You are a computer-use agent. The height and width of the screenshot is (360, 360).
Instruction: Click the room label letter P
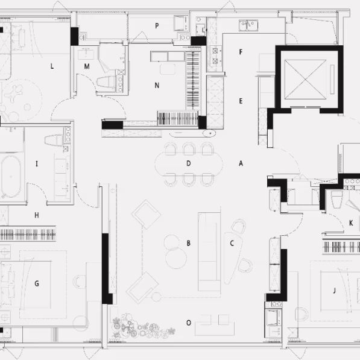[x=157, y=26]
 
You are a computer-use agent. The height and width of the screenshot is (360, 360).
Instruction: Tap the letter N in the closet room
[x=157, y=86]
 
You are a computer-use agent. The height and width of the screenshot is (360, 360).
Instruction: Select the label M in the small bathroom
[x=87, y=66]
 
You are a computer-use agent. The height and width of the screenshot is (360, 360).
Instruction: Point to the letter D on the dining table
[x=189, y=163]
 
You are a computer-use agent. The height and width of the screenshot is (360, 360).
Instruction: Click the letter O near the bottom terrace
[x=189, y=323]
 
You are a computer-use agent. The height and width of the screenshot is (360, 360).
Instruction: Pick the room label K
[x=351, y=223]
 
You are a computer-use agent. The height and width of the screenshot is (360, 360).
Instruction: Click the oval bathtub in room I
[x=11, y=177]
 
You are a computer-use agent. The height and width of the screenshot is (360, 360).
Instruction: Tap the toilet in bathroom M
[x=106, y=81]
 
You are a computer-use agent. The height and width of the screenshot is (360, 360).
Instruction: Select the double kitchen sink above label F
[x=248, y=25]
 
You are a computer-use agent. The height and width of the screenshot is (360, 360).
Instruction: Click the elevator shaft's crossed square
[x=305, y=80]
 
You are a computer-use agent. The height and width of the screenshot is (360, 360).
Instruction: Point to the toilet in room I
[x=54, y=140]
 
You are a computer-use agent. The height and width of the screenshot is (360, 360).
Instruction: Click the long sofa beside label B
[x=209, y=251]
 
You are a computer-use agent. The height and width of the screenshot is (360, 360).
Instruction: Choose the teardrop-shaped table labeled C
[x=232, y=257]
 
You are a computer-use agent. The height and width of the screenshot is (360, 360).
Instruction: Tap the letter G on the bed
[x=37, y=283]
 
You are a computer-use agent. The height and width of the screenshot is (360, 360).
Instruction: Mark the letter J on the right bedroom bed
[x=334, y=291]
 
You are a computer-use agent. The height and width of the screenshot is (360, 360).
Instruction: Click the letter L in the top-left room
[x=52, y=66]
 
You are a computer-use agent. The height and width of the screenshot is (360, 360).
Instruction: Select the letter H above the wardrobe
[x=37, y=215]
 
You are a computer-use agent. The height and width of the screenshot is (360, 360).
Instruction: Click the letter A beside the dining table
[x=241, y=163]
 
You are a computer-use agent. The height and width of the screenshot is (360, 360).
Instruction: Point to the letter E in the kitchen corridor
[x=241, y=101]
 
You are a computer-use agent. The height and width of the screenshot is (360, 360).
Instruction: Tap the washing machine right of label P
[x=182, y=23]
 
